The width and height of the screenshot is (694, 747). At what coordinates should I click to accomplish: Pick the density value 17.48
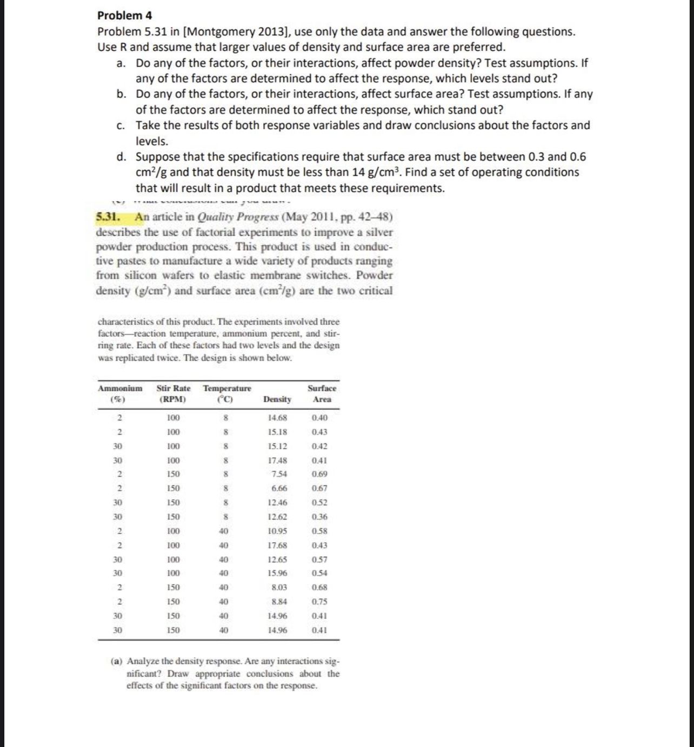277,461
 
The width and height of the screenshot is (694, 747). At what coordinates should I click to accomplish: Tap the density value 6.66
279,488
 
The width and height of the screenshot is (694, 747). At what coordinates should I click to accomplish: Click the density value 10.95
277,531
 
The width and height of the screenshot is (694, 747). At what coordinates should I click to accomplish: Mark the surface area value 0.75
319,602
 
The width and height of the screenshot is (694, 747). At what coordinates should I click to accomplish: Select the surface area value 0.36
319,517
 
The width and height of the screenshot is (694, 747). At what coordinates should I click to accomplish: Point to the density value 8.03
279,588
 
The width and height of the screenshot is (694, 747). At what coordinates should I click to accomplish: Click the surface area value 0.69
319,474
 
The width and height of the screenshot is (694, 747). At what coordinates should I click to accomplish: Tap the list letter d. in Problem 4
122,157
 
